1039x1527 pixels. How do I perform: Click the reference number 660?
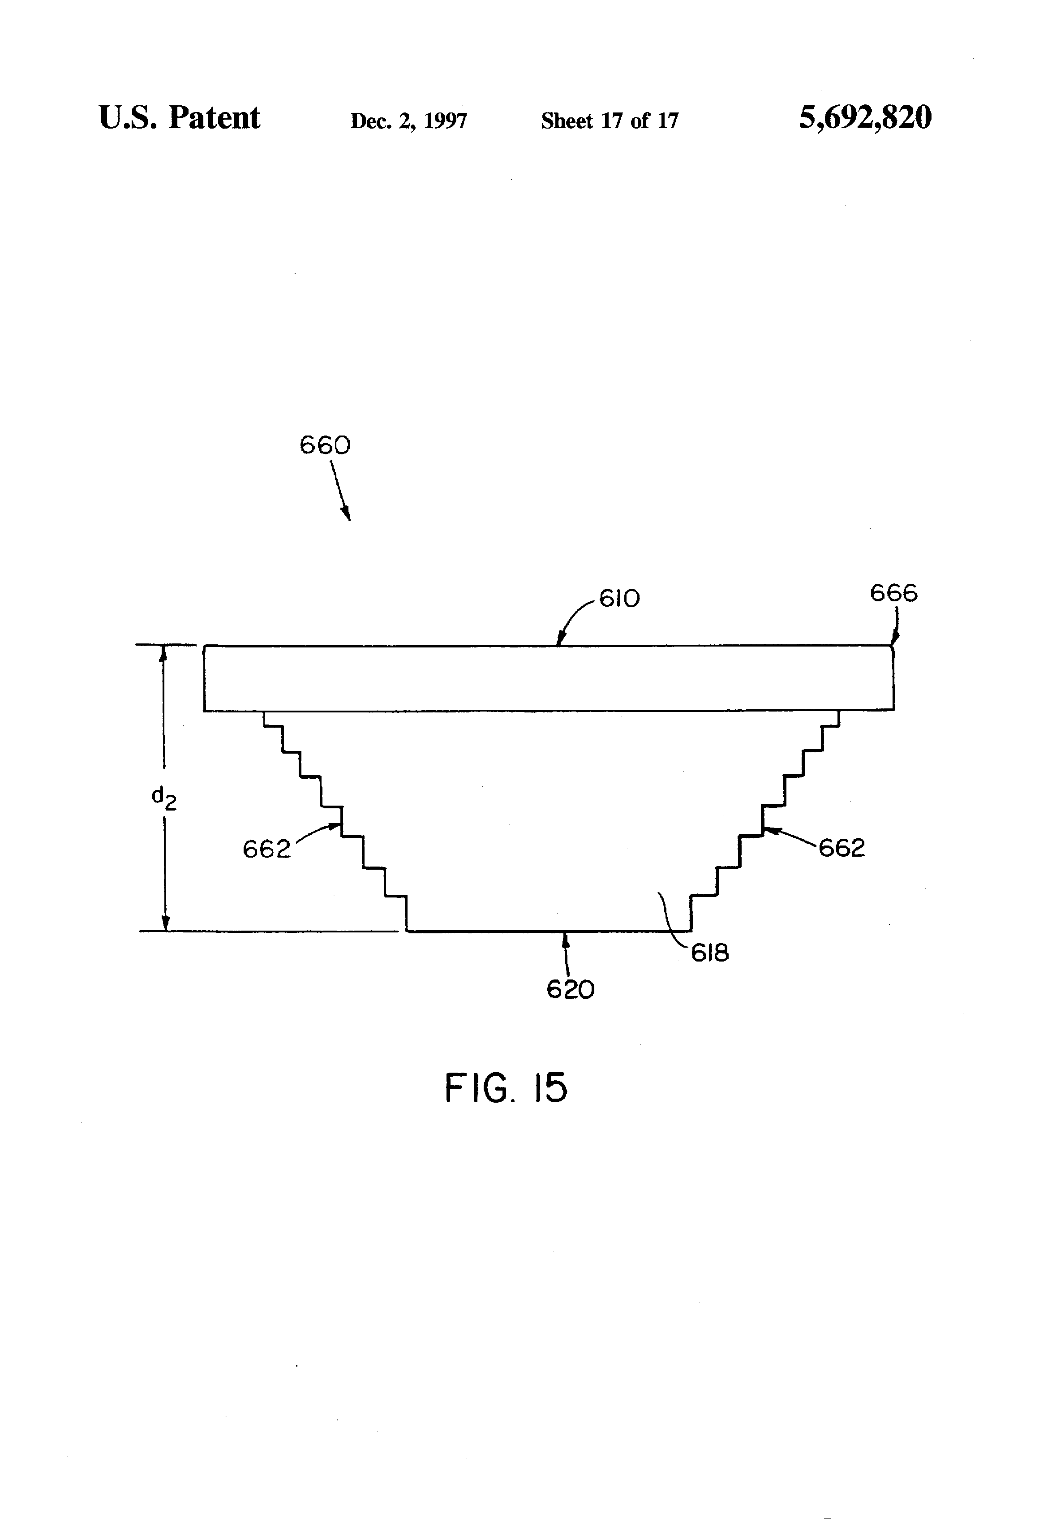pos(325,445)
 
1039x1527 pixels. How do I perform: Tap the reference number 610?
pos(619,599)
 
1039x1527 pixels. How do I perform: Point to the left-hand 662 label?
pos(266,850)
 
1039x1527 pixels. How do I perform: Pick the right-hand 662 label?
pos(842,848)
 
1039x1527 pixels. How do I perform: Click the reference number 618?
pos(710,953)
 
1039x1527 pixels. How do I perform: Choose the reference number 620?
pos(571,989)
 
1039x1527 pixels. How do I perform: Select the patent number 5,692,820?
pos(865,118)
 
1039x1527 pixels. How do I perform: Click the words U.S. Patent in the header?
pos(179,118)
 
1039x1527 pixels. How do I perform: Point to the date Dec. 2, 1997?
pos(408,121)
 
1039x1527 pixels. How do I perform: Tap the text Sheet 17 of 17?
pos(610,121)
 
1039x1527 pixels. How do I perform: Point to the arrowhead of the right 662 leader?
pos(772,831)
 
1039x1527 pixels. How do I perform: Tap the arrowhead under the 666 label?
pos(894,639)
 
